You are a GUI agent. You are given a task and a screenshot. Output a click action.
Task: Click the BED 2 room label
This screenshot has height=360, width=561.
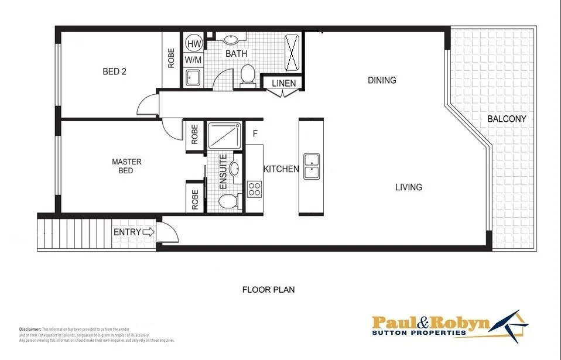(x=115, y=72)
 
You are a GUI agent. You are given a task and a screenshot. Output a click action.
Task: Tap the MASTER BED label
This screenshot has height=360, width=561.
(x=126, y=166)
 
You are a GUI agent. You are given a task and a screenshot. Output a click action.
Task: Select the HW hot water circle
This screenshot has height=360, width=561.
(x=194, y=43)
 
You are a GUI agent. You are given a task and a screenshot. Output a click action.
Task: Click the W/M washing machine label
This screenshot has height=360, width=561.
(x=193, y=60)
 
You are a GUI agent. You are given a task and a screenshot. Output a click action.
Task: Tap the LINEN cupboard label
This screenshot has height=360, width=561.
(x=283, y=84)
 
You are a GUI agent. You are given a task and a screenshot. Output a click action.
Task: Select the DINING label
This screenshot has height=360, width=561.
(x=382, y=80)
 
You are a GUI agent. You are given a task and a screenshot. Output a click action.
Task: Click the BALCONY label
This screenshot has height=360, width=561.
(x=507, y=119)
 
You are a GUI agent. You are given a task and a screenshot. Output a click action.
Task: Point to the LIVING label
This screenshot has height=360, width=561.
(x=408, y=187)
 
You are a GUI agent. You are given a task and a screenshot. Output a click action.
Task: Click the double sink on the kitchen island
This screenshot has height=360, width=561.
(x=311, y=166)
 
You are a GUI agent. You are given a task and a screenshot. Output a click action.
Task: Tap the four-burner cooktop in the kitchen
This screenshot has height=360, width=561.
(x=254, y=189)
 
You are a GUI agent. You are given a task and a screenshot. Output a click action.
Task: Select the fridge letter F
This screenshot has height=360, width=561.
(x=255, y=133)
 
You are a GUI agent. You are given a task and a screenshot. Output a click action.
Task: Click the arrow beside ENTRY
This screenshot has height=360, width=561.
(x=149, y=232)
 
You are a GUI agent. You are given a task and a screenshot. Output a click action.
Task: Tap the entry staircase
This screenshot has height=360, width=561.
(x=73, y=232)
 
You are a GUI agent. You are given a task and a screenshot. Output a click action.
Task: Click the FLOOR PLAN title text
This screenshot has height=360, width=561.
(x=269, y=289)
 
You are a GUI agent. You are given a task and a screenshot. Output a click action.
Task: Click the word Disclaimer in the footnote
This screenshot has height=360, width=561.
(x=29, y=330)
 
